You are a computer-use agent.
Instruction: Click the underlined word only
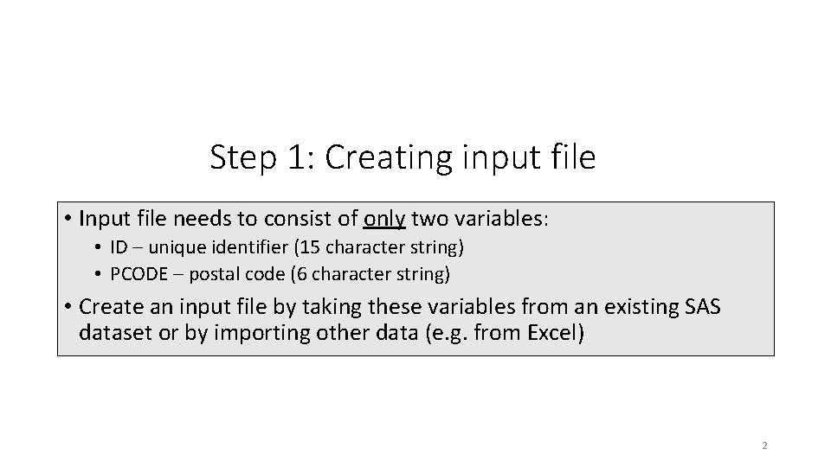(x=384, y=220)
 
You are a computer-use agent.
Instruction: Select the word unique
(x=173, y=247)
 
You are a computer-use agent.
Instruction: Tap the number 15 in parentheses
(x=309, y=247)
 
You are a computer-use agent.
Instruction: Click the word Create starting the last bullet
(x=106, y=306)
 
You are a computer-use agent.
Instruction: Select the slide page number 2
(x=764, y=446)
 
